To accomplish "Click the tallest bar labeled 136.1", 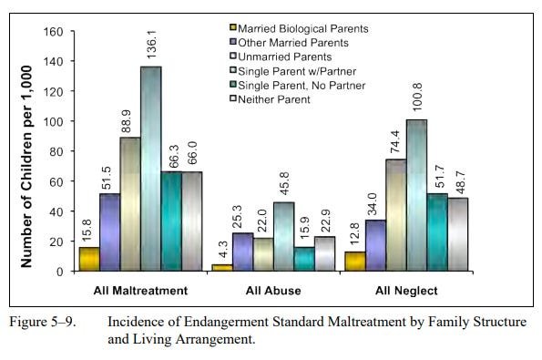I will (x=150, y=169).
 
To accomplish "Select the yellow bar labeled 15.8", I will (x=89, y=259).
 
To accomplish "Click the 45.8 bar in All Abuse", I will (x=283, y=236).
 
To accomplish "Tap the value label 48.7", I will (x=457, y=177).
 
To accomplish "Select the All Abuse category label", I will (x=272, y=291).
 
